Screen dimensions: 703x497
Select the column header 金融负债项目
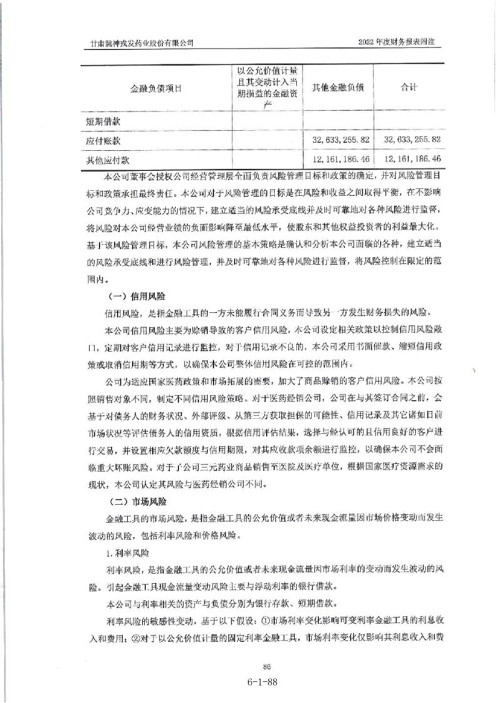coord(156,88)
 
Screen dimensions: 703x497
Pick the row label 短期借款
coord(102,119)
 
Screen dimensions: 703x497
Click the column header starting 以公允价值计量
coord(267,88)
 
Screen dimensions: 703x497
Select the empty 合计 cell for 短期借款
coord(409,119)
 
